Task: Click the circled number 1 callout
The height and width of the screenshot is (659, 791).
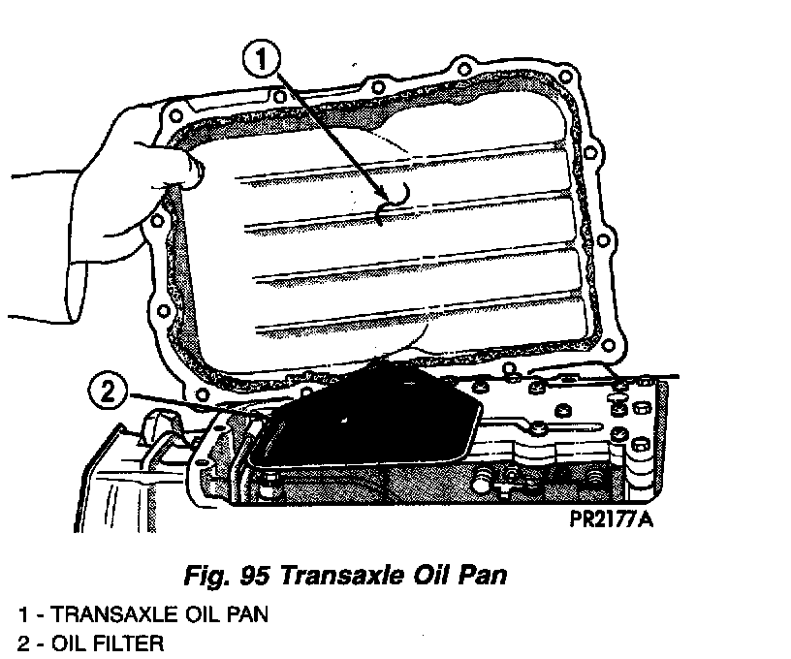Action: pyautogui.click(x=261, y=61)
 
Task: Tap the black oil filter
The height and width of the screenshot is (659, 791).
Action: pyautogui.click(x=368, y=417)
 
